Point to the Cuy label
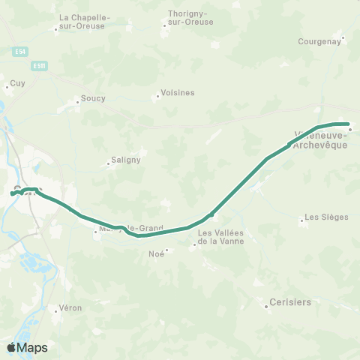pos(16,84)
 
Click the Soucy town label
pos(92,99)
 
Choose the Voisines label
pos(177,93)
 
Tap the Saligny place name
pos(121,160)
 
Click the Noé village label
pos(157,253)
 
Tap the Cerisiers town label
pos(289,303)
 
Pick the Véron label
pos(70,308)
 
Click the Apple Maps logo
pos(27,348)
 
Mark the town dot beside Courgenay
pos(343,37)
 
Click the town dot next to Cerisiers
pos(267,306)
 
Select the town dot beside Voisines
pos(157,96)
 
